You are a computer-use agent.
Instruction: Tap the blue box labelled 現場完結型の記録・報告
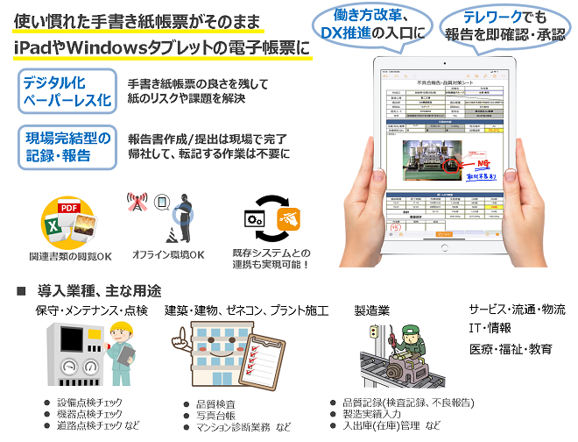[66, 146]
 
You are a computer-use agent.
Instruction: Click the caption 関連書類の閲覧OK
[71, 257]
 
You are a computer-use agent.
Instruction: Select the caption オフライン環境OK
[168, 255]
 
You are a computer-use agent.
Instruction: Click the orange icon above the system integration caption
[288, 217]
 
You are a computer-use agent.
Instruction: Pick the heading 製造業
[371, 310]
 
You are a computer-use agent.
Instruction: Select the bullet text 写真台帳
[208, 416]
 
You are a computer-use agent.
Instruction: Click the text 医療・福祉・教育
[511, 348]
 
